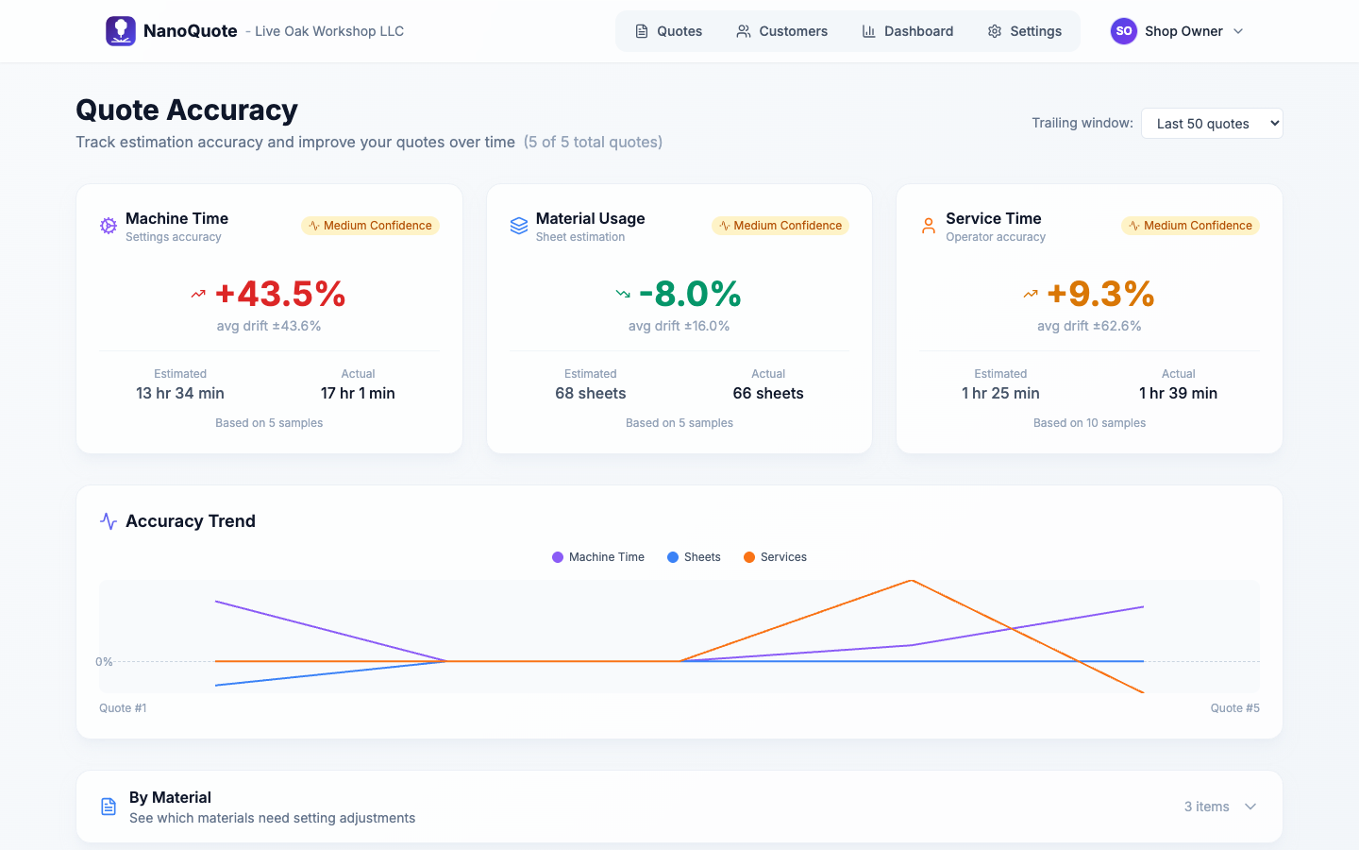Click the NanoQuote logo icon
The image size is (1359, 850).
click(121, 31)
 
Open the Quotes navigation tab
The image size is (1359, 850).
click(668, 31)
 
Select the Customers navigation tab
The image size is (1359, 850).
click(781, 31)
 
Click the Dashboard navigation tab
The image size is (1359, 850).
click(907, 31)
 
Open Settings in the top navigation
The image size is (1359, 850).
click(1024, 31)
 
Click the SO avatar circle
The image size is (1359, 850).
click(1123, 31)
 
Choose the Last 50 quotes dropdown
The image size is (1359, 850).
click(1212, 124)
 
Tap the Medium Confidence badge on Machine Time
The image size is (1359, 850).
click(370, 226)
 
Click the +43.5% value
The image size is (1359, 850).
click(280, 294)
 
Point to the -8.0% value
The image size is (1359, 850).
click(690, 294)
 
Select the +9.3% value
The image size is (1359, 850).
click(1100, 294)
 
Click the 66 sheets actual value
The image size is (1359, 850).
click(768, 393)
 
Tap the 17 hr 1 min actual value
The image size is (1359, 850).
click(358, 393)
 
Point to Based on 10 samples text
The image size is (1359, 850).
click(1089, 423)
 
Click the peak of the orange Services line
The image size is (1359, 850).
click(912, 581)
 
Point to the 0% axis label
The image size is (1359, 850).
click(104, 662)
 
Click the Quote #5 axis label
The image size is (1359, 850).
click(1234, 708)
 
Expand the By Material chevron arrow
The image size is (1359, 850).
click(1250, 807)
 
